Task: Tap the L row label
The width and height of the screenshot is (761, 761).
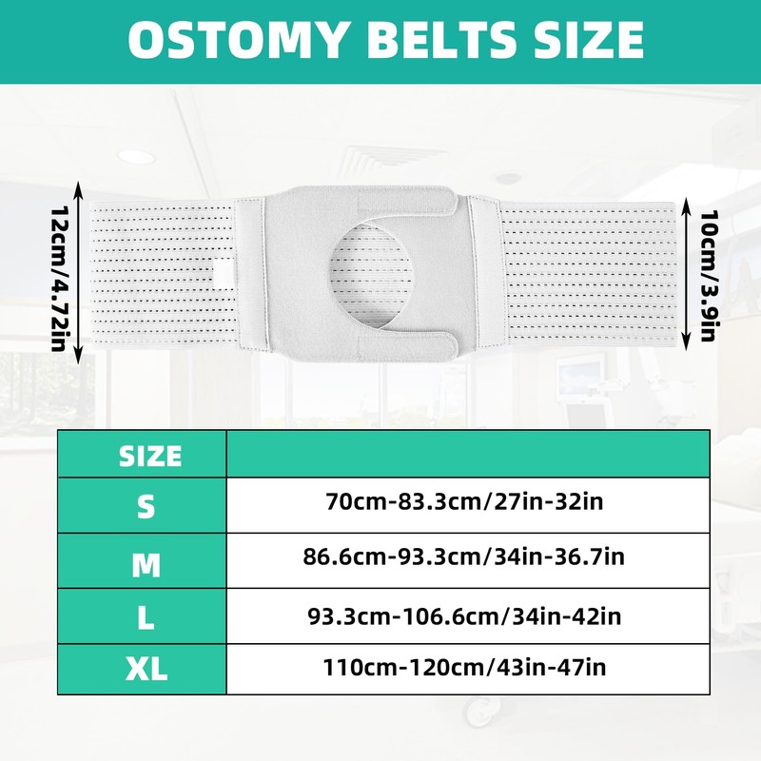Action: pos(145,617)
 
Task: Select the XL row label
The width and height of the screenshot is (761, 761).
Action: pos(146,670)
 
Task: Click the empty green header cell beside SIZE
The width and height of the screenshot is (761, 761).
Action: pos(468,454)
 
